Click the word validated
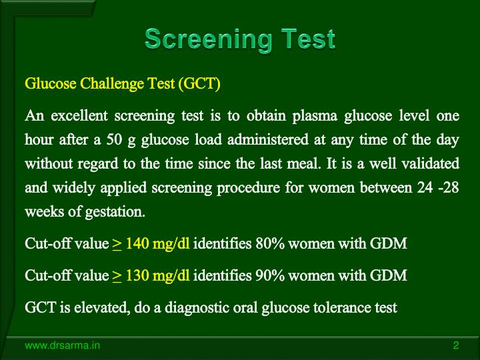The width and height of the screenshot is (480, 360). (x=433, y=163)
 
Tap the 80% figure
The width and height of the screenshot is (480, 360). (x=269, y=243)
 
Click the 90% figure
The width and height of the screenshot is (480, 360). (x=269, y=275)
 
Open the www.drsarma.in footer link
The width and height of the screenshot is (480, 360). (x=63, y=345)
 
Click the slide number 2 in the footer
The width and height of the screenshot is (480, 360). (x=455, y=345)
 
